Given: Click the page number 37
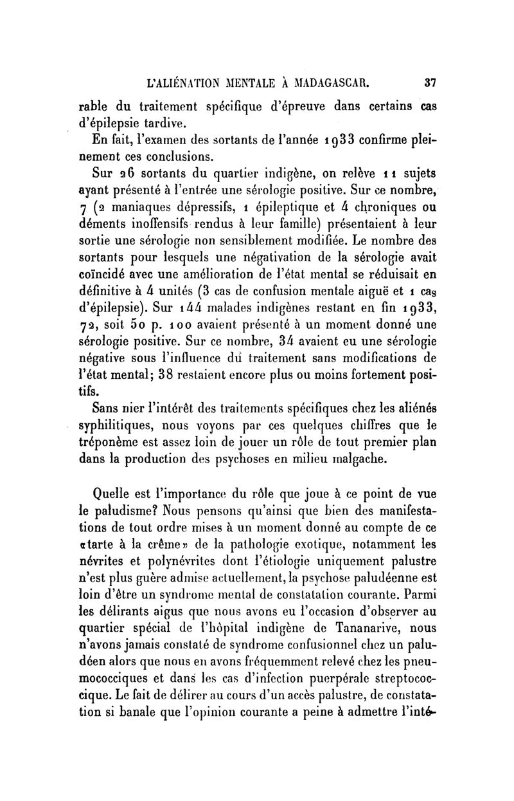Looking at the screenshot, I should click(x=429, y=82).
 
